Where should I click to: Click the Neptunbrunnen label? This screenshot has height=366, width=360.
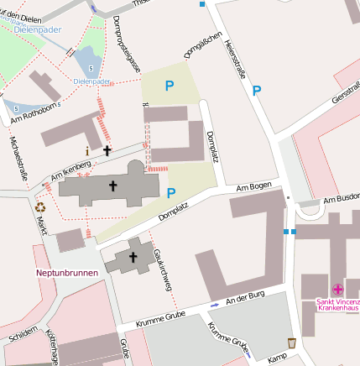click(67, 273)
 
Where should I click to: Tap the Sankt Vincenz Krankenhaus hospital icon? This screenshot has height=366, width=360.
click(338, 289)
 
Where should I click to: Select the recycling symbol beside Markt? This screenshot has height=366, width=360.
click(40, 206)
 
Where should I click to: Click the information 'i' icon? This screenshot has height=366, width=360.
click(86, 152)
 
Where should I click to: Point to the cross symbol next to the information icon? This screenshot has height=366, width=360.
click(107, 151)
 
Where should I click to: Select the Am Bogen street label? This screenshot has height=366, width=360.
click(255, 186)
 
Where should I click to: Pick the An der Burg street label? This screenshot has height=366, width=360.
click(245, 297)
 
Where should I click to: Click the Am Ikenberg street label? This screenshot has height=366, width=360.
click(70, 170)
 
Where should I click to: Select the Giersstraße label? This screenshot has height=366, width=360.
click(346, 98)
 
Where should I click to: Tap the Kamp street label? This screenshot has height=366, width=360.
click(277, 358)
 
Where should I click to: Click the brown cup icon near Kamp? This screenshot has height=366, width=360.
click(291, 342)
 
